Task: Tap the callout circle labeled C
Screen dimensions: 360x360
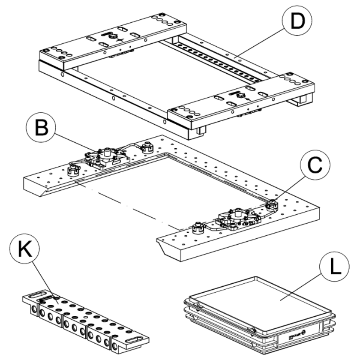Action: tap(315, 165)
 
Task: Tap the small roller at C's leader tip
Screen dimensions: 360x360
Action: tap(271, 204)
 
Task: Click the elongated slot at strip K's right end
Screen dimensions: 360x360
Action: tap(136, 339)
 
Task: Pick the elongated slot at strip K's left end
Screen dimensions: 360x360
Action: tap(38, 294)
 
